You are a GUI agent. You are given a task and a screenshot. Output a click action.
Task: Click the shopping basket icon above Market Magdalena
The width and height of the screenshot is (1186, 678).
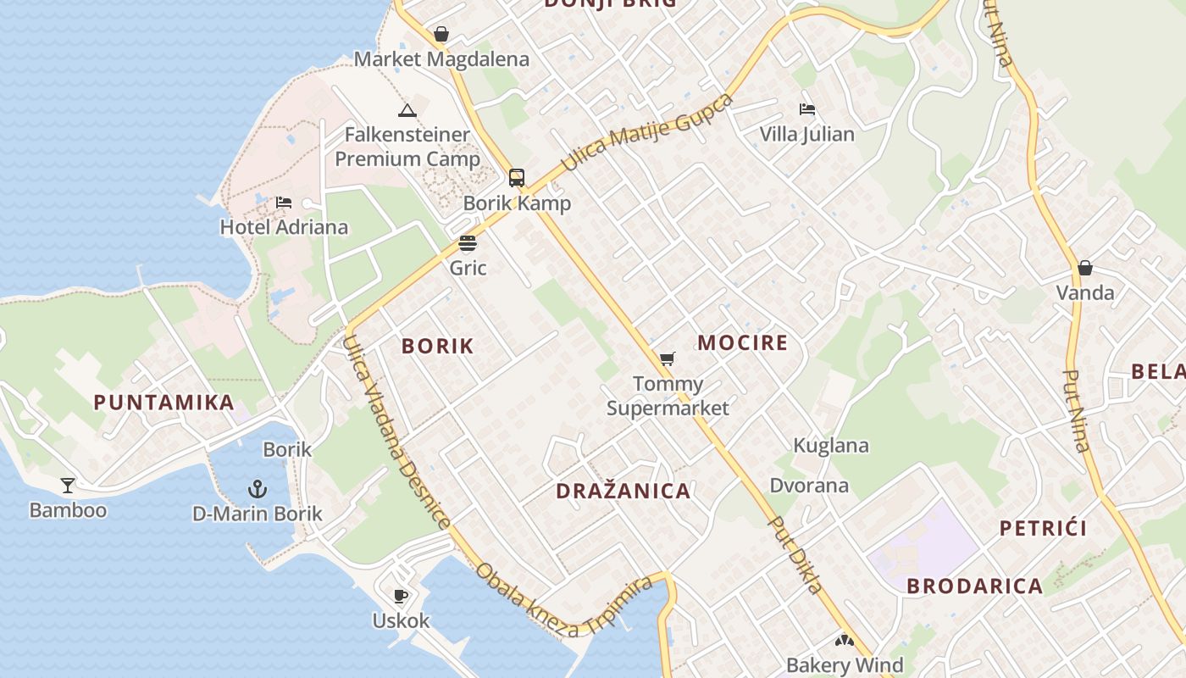(x=441, y=35)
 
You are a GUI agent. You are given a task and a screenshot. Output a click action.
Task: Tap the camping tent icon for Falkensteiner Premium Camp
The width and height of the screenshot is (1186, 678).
(x=407, y=110)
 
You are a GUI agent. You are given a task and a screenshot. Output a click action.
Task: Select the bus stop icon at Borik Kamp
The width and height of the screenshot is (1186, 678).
(x=516, y=178)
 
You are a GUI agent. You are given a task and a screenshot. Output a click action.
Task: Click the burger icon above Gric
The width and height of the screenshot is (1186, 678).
(x=468, y=244)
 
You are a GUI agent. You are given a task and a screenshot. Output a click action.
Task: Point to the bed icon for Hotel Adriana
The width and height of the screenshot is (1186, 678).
(x=284, y=203)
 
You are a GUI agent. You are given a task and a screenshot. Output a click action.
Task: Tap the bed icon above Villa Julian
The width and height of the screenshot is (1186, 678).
(x=806, y=109)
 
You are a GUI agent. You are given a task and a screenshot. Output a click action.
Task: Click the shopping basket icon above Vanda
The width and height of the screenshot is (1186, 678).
(x=1084, y=269)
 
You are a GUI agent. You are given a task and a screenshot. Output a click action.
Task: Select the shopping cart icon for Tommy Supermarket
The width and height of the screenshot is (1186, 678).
(x=668, y=359)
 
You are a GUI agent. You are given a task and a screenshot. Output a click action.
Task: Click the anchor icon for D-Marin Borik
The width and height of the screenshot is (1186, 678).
(x=257, y=489)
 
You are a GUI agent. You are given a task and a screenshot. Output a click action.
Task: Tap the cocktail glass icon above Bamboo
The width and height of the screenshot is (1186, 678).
(x=68, y=486)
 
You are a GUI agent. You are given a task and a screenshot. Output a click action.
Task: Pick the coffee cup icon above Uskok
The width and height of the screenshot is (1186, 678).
(x=401, y=596)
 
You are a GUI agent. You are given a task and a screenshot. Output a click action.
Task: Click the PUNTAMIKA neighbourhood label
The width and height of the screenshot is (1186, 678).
(x=163, y=403)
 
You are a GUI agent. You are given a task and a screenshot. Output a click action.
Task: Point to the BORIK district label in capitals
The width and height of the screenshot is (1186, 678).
(x=437, y=346)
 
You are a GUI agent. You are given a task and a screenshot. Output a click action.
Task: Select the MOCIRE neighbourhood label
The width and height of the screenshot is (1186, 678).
(x=742, y=343)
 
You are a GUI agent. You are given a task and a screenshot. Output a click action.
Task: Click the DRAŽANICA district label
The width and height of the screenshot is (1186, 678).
(x=623, y=491)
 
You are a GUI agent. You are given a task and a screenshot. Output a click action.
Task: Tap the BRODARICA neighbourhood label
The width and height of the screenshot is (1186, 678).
(x=974, y=586)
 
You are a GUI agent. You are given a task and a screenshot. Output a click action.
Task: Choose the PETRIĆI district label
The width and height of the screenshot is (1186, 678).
(x=1043, y=529)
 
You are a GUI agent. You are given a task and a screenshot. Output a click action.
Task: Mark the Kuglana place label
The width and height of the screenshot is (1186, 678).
(x=830, y=446)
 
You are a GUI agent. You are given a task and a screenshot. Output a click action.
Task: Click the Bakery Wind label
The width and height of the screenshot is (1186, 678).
(x=845, y=664)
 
